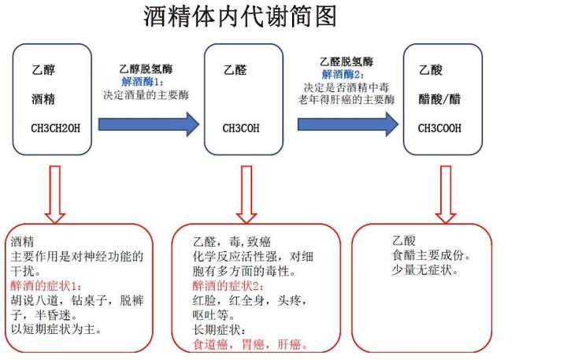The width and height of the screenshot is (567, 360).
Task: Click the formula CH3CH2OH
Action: (54, 127)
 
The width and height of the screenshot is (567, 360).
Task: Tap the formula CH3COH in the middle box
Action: (242, 127)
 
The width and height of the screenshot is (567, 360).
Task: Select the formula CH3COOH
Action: (439, 127)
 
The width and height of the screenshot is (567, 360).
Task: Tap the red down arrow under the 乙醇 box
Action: (55, 193)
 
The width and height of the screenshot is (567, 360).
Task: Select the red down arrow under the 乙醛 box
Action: (246, 193)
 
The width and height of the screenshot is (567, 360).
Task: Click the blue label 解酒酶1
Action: (143, 81)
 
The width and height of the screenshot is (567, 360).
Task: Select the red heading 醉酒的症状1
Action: (46, 284)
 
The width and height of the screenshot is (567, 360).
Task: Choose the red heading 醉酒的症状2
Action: (228, 285)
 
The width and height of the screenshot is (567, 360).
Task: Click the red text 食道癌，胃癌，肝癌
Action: (250, 344)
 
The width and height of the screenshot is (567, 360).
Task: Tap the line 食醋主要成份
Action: (431, 255)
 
